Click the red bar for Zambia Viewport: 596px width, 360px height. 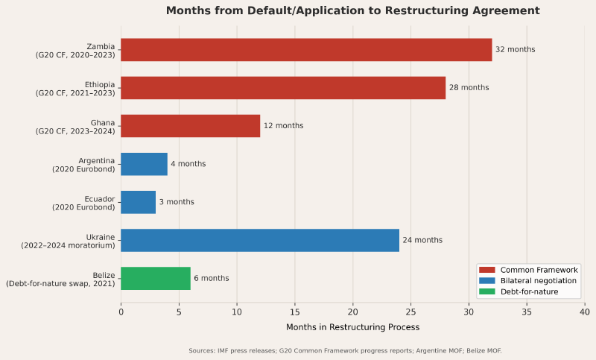305,50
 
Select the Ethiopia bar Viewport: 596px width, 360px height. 283,88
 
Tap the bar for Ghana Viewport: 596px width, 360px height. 190,126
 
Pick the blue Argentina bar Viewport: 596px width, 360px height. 144,164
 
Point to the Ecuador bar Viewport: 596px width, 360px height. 138,202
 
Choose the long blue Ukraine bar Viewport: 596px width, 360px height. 259,240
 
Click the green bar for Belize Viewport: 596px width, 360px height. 155,278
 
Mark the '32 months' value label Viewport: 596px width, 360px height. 515,50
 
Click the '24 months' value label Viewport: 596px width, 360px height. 422,240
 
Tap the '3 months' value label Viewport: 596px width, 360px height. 177,202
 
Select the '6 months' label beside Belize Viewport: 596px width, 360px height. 212,278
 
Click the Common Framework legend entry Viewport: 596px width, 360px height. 529,270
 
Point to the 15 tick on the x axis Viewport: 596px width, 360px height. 295,312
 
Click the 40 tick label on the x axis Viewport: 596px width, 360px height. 585,312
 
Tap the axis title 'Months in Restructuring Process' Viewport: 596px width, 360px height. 352,327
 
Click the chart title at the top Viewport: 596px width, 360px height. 352,10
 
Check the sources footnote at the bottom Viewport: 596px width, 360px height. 345,350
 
